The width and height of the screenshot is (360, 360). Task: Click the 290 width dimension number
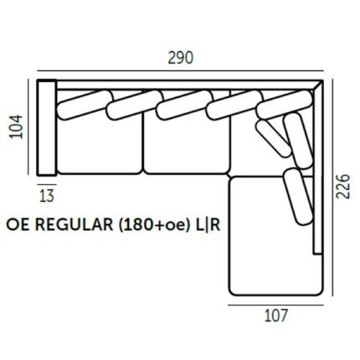tap(180, 59)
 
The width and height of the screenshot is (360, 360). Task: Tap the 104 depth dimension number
tap(16, 126)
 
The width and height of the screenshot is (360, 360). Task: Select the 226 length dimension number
tap(343, 187)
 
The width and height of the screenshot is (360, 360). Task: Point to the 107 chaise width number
tap(275, 316)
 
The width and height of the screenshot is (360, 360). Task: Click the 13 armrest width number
tap(47, 196)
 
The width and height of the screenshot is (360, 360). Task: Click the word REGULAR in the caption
tap(75, 225)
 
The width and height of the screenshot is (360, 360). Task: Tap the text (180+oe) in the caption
tap(153, 225)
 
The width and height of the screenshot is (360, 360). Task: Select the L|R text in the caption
tap(207, 225)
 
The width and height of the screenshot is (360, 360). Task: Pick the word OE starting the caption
tap(18, 225)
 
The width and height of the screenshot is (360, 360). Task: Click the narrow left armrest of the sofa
tap(47, 128)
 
